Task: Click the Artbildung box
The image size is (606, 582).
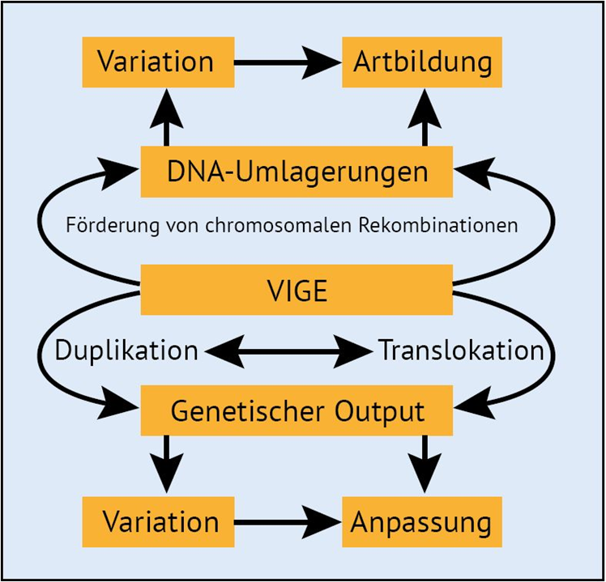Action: (422, 62)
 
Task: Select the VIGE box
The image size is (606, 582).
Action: (297, 290)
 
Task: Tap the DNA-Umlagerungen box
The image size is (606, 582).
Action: (297, 172)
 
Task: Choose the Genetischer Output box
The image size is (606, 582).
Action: (297, 410)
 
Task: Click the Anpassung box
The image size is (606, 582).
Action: (421, 522)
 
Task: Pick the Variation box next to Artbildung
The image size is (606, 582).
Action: (157, 62)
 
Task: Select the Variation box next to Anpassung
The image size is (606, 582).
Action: (160, 522)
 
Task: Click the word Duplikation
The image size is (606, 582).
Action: (126, 351)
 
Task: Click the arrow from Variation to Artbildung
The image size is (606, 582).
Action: (288, 62)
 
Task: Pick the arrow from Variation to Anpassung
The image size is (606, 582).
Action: (288, 522)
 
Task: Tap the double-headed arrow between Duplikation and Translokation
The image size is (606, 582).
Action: (288, 351)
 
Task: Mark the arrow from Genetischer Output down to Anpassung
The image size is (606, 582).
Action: (425, 465)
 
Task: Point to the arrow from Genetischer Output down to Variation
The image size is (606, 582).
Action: (167, 465)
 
